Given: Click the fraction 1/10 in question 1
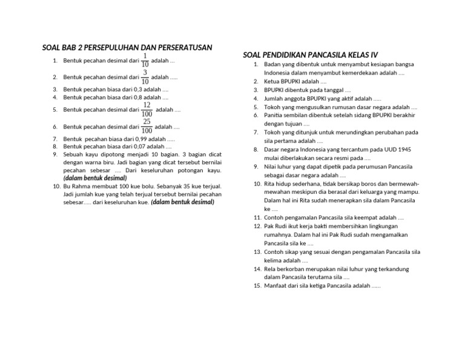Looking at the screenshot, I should coord(145,60).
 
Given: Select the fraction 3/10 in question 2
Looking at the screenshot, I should coord(145,77).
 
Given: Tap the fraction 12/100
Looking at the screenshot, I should coord(147,109).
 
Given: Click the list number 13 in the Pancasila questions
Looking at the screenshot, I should coord(257,251).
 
